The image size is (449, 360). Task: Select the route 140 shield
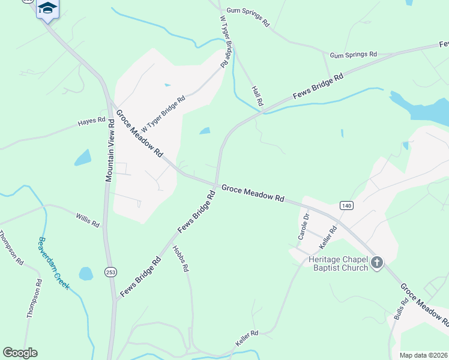tap(346, 205)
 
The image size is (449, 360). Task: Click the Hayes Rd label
tap(91, 122)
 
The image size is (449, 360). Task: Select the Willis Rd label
tap(88, 220)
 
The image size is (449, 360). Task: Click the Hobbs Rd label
tap(180, 259)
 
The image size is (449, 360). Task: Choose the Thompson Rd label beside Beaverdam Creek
tap(13, 248)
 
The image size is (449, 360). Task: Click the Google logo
tap(20, 353)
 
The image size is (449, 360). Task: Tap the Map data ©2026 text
tap(423, 355)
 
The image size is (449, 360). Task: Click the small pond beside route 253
tap(86, 274)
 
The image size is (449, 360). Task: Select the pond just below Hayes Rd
tap(83, 157)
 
